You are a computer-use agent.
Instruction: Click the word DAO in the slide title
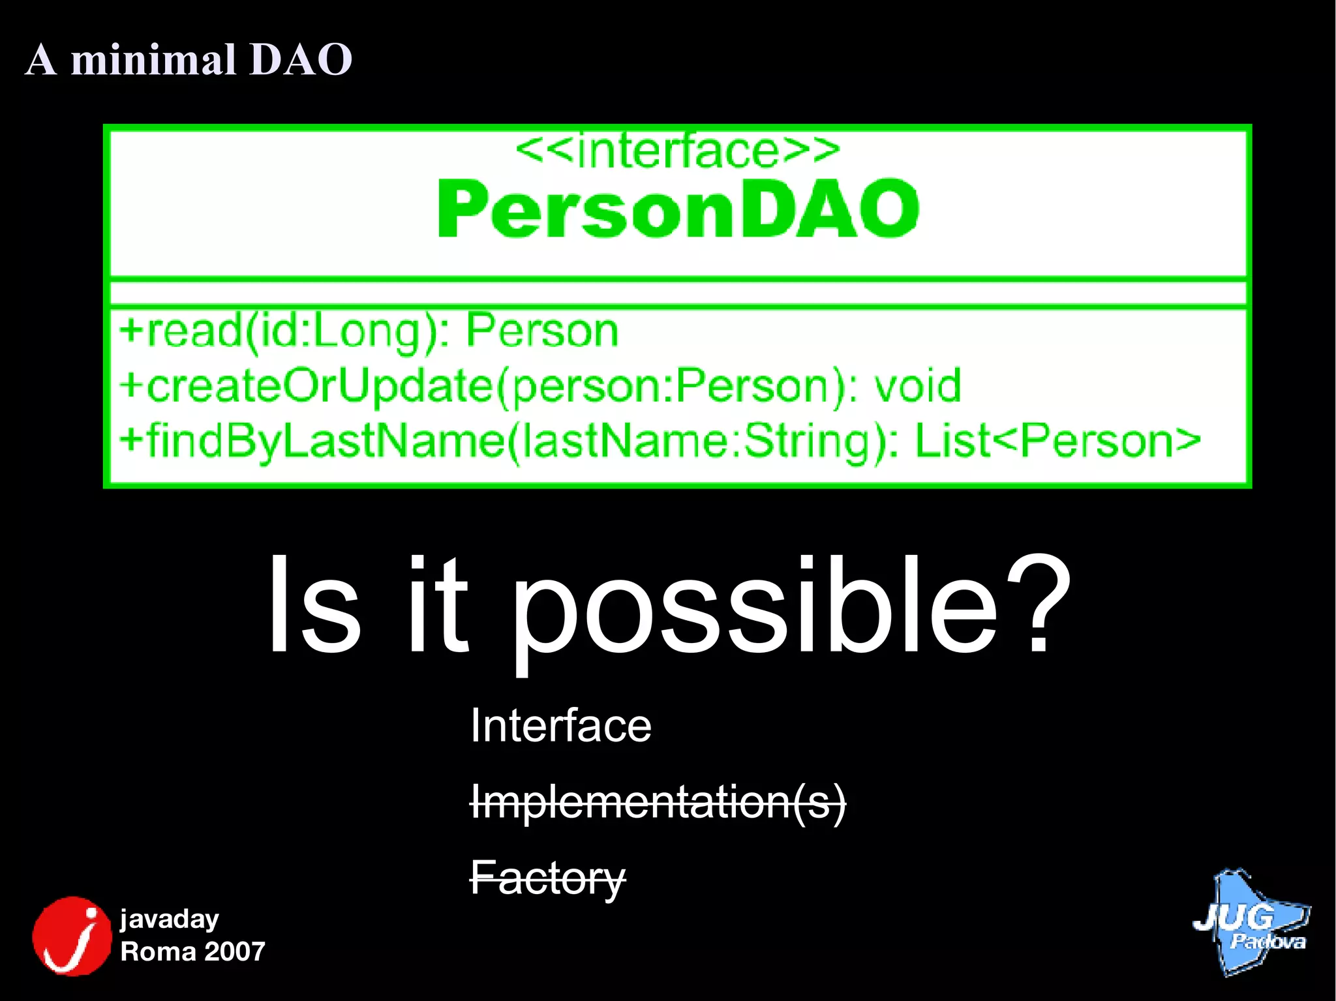tap(301, 60)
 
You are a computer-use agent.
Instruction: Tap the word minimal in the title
tap(153, 60)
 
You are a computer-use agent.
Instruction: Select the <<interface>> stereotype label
tap(677, 151)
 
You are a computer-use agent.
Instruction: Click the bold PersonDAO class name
tap(677, 209)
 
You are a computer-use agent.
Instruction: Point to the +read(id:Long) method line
tap(369, 331)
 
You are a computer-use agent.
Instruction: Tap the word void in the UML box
tap(917, 386)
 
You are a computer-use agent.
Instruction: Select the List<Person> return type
tap(1057, 441)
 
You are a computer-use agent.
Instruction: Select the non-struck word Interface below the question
tap(560, 726)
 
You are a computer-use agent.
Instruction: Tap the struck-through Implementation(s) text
tap(658, 802)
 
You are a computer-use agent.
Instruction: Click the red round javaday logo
tap(72, 936)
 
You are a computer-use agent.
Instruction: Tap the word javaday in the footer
tap(170, 919)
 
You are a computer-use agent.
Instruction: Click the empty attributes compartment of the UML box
tap(677, 293)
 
